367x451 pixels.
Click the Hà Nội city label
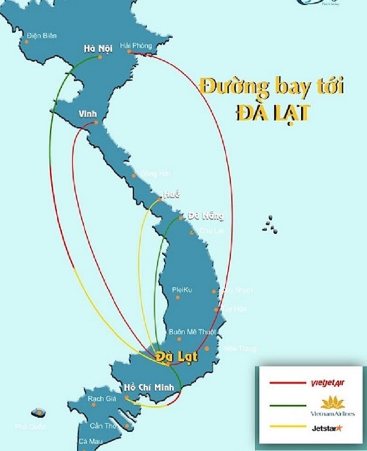click(x=97, y=48)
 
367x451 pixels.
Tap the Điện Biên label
click(x=42, y=36)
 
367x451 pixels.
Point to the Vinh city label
click(x=87, y=114)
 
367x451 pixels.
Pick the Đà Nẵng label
click(x=205, y=216)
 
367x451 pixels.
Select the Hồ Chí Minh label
click(x=149, y=388)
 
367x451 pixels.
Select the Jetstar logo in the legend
click(x=327, y=428)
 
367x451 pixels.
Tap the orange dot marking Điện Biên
click(x=27, y=41)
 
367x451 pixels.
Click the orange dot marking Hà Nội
click(x=100, y=57)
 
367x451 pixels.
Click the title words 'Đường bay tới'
click(x=271, y=87)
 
